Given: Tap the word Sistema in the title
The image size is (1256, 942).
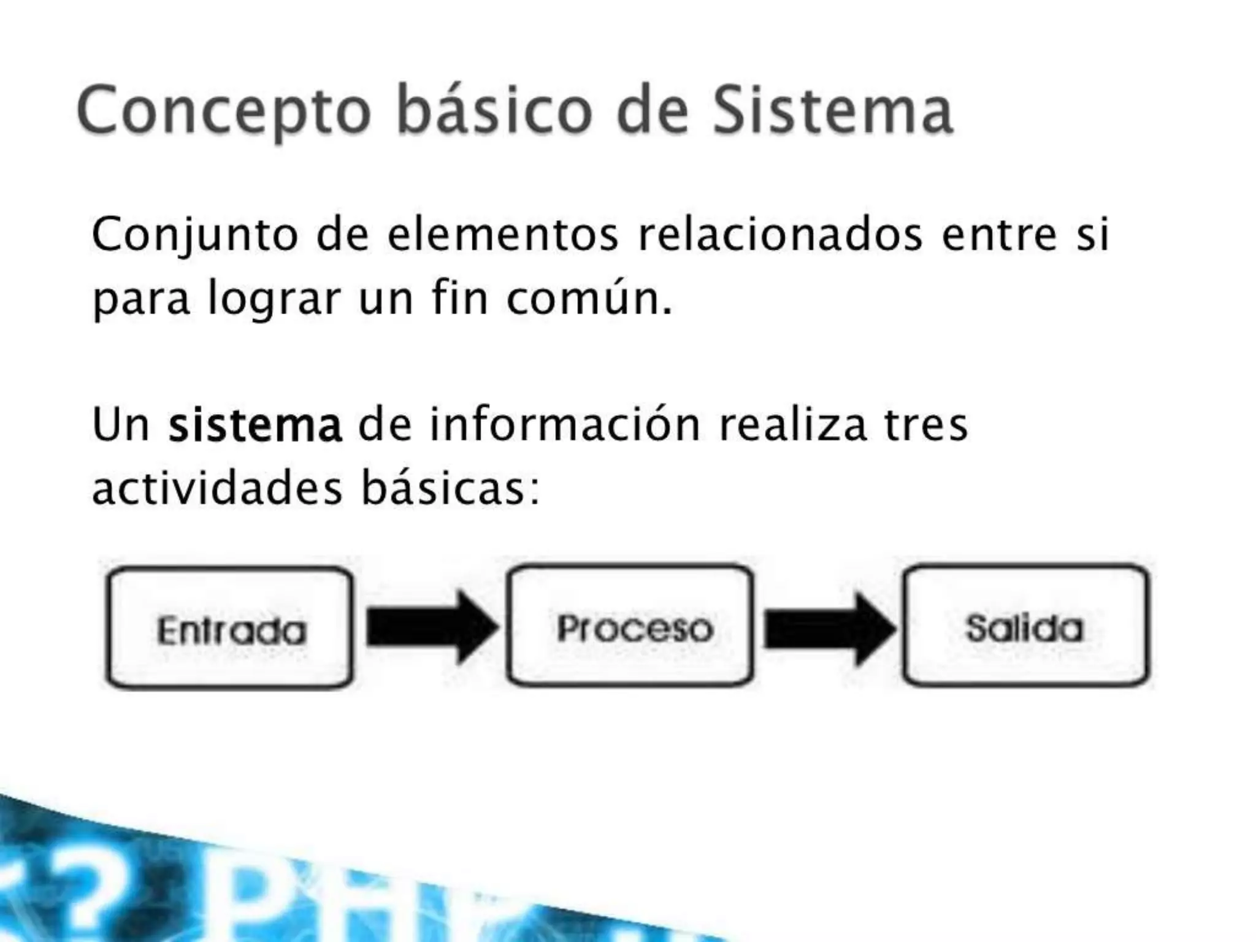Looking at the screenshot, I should click(832, 110).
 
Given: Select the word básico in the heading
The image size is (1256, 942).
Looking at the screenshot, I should click(494, 110).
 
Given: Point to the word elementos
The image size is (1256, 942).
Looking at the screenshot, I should click(503, 235).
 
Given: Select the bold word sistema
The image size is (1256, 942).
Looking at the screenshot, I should click(255, 425).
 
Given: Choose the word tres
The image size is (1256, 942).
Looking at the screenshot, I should click(925, 425).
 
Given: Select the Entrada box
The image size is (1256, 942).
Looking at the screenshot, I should click(230, 628).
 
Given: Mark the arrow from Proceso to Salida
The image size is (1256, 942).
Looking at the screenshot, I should click(829, 628).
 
